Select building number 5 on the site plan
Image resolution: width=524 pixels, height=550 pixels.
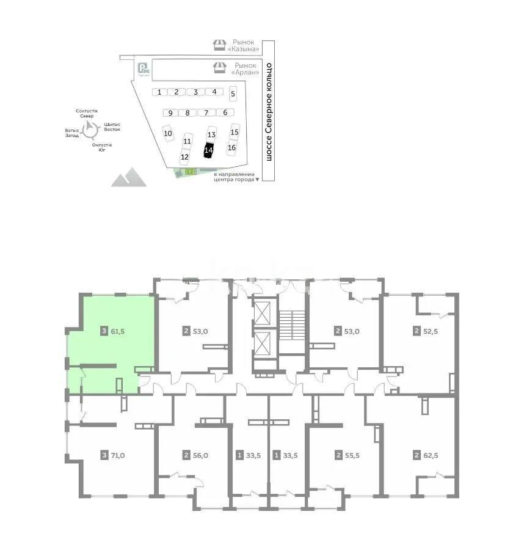[233, 94]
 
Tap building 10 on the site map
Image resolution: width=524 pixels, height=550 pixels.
[168, 134]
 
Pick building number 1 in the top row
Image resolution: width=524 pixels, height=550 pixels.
[159, 92]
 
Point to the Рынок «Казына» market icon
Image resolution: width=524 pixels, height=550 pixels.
[219, 45]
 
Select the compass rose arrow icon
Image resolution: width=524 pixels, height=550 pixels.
[92, 128]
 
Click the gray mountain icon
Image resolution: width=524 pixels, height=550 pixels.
[129, 177]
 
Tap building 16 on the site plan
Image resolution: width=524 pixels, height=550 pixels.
[231, 147]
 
